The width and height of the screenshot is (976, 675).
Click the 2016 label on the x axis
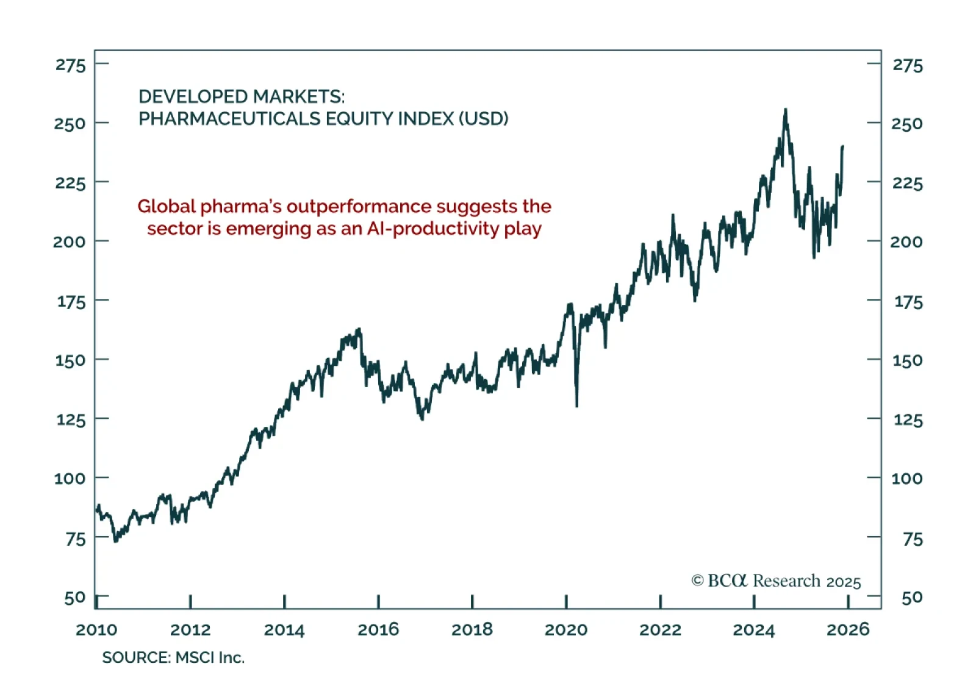[378, 629]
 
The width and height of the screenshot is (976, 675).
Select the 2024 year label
[754, 629]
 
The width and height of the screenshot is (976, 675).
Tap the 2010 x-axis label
[96, 629]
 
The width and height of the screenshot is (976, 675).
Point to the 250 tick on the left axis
[70, 124]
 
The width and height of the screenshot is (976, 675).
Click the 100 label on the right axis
[907, 478]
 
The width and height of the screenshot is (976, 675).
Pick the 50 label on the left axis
[75, 598]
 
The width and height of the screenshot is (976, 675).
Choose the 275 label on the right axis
[908, 65]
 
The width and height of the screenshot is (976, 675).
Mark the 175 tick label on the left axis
[71, 301]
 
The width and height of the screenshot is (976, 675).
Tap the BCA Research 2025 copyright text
[776, 581]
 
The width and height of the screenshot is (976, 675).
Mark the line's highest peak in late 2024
[786, 110]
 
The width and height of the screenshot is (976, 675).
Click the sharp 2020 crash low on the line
[576, 405]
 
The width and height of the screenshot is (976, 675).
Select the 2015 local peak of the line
[359, 329]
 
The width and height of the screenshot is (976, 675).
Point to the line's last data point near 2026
[843, 146]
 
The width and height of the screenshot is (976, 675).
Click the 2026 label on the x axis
[848, 629]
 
